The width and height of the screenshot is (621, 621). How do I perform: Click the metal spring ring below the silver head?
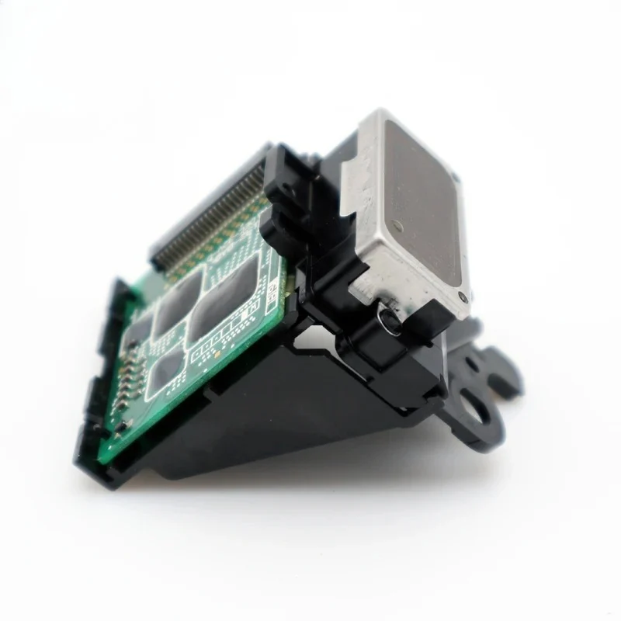point(387,319)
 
